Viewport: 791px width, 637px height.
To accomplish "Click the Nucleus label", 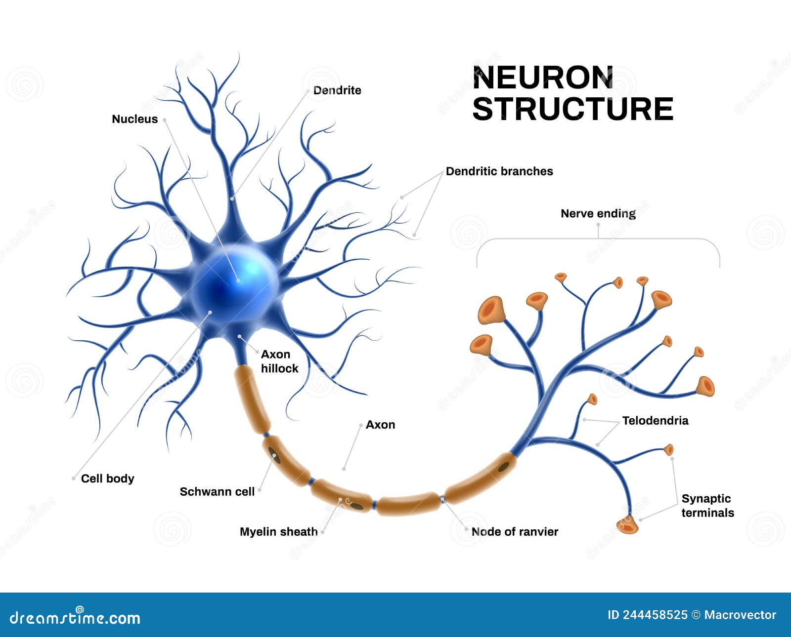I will click(x=134, y=119).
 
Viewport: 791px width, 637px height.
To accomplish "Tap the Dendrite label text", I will click(x=337, y=90).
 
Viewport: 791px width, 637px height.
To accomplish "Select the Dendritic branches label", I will click(x=499, y=171).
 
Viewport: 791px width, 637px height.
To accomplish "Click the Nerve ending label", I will click(x=598, y=214).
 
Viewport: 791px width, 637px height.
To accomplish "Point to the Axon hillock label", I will click(x=279, y=361).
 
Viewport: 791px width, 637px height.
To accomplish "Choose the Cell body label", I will click(x=107, y=478).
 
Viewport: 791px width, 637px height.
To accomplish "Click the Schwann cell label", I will click(x=217, y=492).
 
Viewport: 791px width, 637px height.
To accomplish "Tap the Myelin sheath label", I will click(x=278, y=532).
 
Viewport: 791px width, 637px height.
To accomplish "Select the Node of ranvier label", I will click(x=515, y=532).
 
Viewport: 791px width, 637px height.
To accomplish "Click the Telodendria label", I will click(x=655, y=421).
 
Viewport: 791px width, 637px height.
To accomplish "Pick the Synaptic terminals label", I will click(x=707, y=506).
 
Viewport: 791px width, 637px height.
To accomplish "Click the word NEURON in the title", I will click(x=543, y=78).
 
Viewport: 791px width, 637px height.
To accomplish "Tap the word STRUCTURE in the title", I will click(x=572, y=109).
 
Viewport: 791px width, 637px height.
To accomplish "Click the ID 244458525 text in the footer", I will click(x=647, y=615).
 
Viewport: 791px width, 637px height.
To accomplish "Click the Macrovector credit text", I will click(x=740, y=615).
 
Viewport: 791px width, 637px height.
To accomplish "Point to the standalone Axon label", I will click(x=380, y=425).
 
